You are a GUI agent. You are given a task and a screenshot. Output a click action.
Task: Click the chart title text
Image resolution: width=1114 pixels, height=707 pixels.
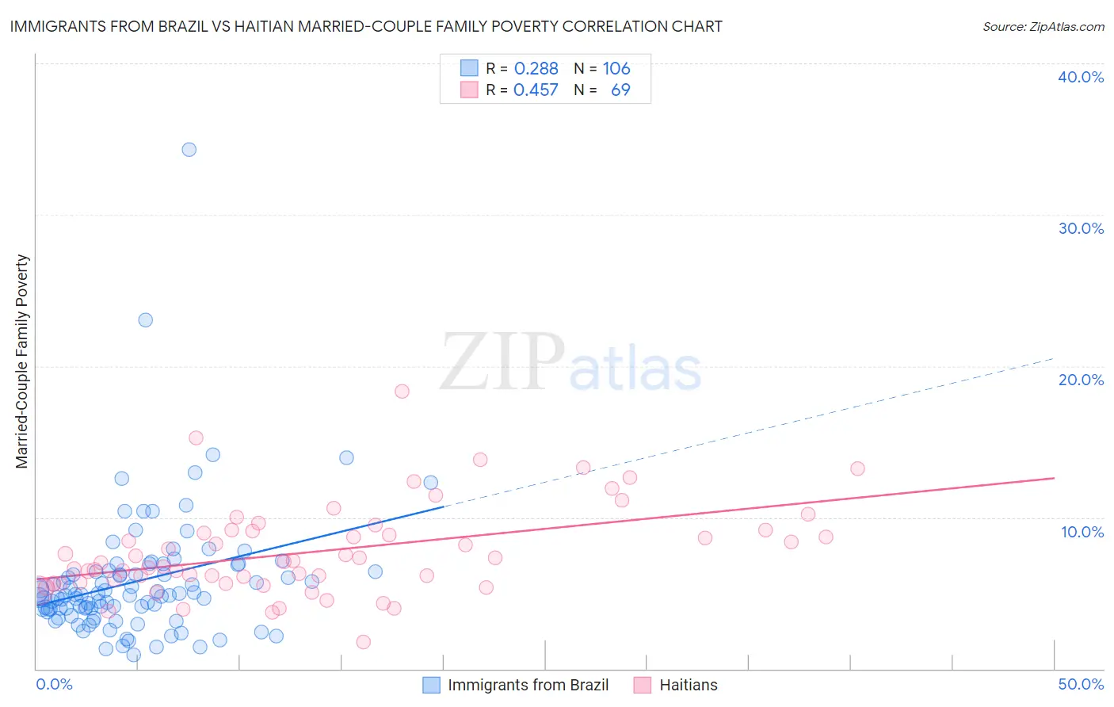[366, 26]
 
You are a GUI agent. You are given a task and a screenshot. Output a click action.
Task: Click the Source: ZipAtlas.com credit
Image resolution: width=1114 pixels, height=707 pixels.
[1043, 26]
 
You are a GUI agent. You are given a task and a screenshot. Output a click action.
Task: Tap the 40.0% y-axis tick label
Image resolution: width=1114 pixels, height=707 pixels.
[1081, 77]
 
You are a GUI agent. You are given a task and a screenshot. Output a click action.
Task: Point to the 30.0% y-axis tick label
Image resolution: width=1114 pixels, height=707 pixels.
[1081, 228]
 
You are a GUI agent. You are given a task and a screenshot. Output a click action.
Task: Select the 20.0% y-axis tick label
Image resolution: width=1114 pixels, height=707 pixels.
[1081, 380]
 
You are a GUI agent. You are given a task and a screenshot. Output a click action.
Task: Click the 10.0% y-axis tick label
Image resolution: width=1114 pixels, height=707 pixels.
[1082, 532]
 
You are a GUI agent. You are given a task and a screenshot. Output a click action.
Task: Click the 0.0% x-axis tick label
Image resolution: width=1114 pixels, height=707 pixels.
[54, 684]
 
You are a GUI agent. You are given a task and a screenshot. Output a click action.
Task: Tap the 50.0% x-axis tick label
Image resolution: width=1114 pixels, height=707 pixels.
[1081, 684]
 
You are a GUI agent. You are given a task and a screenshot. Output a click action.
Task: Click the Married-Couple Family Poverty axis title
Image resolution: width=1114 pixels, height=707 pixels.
[22, 361]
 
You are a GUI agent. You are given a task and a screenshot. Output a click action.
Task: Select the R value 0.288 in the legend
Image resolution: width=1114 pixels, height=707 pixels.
[536, 68]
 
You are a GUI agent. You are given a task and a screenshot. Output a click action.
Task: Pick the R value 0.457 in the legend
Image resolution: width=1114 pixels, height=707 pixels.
[536, 90]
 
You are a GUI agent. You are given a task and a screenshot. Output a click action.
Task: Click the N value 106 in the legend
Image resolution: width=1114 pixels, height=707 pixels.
[616, 68]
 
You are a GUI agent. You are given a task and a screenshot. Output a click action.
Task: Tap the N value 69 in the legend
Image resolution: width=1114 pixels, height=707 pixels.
[620, 90]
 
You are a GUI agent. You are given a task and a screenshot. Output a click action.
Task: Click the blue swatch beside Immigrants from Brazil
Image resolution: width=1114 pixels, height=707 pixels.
[431, 685]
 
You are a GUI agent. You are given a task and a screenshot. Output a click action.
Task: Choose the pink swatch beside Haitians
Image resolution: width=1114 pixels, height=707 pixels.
[643, 685]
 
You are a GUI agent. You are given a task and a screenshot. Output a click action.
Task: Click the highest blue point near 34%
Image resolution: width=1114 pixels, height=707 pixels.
[189, 150]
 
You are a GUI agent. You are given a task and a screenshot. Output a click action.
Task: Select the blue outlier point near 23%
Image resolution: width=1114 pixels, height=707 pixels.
[145, 320]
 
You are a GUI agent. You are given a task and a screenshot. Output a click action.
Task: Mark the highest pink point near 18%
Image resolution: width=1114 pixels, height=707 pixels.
[402, 392]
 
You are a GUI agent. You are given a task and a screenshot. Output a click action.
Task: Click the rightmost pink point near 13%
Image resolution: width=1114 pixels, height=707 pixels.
[857, 468]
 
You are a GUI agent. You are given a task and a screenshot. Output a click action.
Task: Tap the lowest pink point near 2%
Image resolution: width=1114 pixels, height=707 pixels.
[363, 642]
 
